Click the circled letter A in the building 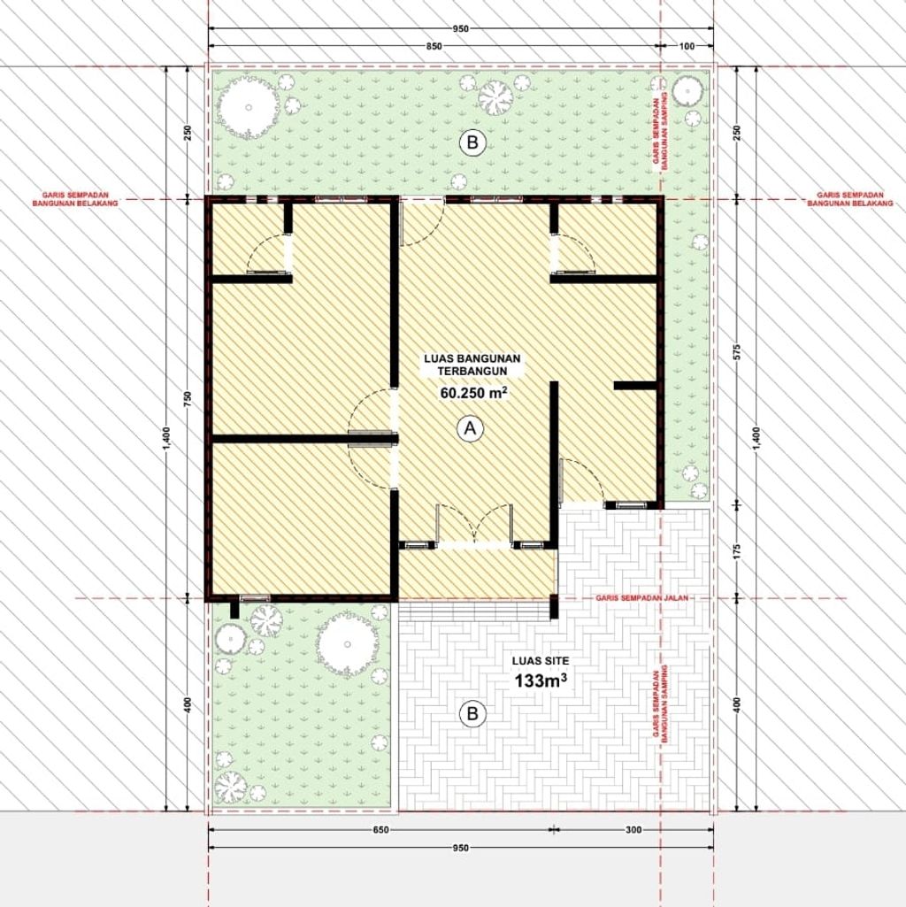(470, 428)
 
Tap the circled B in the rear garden (472, 142)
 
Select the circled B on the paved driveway (472, 713)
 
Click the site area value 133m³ (541, 680)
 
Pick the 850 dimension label (434, 46)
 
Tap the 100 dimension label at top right (687, 46)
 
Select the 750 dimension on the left (187, 398)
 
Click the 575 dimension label (737, 352)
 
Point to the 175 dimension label (737, 551)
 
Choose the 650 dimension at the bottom (380, 830)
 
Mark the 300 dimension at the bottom (633, 830)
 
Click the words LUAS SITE (541, 661)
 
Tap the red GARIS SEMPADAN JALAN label (642, 597)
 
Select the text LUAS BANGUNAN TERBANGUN (472, 365)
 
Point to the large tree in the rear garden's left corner (249, 108)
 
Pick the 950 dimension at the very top (461, 28)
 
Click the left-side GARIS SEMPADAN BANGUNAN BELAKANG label (74, 200)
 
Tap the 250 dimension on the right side (737, 133)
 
